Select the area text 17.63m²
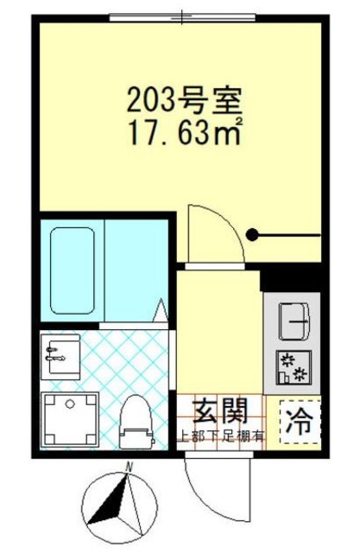click(x=183, y=134)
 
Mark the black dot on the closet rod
click(x=253, y=233)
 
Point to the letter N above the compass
click(x=127, y=467)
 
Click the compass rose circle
click(x=118, y=508)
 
